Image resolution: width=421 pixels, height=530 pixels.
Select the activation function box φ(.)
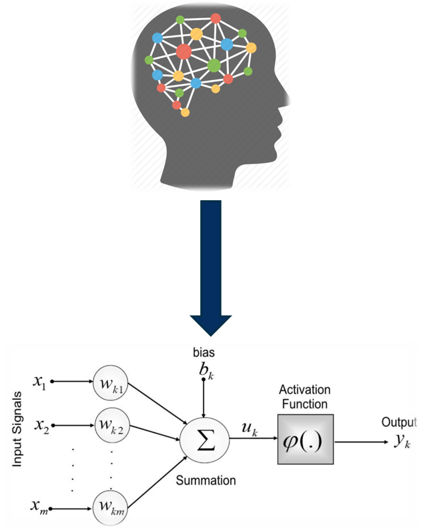(x=305, y=440)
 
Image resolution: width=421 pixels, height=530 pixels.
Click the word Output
(x=399, y=423)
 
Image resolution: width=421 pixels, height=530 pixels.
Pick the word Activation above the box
(x=304, y=389)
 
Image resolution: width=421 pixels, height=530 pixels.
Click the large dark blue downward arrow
(x=211, y=267)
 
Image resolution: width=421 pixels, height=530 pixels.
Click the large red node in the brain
(x=183, y=51)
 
